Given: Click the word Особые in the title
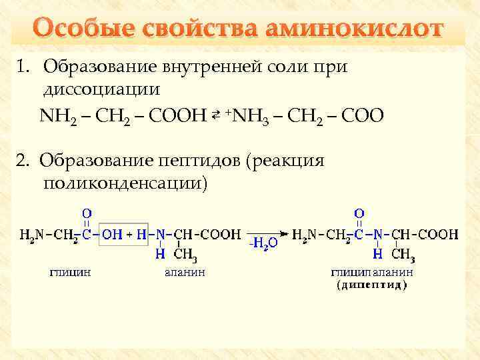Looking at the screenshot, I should (78, 30).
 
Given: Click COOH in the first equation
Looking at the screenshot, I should (180, 117).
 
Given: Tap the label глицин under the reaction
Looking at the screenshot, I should (71, 272).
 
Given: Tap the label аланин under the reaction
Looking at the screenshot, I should (184, 272).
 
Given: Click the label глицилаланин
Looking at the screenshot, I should (372, 272).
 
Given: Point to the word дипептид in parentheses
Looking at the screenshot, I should (372, 284).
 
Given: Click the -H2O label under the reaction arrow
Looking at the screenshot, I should (263, 244).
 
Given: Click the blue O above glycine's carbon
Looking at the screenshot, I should (87, 213).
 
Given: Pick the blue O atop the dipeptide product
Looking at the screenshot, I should (359, 213).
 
